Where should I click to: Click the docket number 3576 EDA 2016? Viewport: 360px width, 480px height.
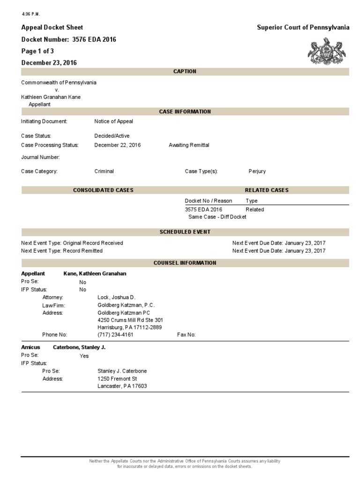[x=94, y=39]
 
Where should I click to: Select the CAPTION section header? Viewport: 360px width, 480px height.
[x=185, y=71]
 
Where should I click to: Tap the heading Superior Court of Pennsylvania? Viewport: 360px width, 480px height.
[x=303, y=28]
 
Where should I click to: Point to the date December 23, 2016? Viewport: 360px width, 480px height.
[x=49, y=62]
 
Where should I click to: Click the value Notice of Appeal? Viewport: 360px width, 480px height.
[x=113, y=121]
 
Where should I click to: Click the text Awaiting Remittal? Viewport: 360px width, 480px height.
[x=189, y=145]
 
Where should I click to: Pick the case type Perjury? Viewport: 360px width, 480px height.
[x=257, y=172]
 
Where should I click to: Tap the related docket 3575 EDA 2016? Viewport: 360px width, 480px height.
[x=203, y=210]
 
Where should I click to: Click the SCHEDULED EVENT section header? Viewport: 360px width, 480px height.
[x=185, y=232]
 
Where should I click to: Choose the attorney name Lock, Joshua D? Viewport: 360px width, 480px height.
[x=116, y=298]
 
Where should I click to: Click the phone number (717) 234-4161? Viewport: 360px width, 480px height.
[x=115, y=335]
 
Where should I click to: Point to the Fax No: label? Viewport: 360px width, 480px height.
[x=186, y=335]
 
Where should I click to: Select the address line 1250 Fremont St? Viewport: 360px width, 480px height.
[x=117, y=379]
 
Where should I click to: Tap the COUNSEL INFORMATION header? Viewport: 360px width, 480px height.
[x=185, y=263]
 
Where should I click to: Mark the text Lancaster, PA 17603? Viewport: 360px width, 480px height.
[x=122, y=386]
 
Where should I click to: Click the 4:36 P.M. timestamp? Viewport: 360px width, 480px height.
[x=31, y=13]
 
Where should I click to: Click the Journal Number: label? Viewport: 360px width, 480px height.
[x=40, y=157]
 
